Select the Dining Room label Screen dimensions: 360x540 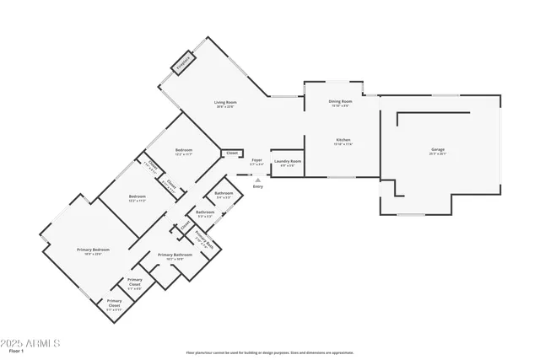click(x=340, y=103)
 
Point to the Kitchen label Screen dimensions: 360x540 click(x=343, y=141)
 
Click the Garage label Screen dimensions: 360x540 click(x=437, y=151)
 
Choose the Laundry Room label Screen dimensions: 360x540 click(x=288, y=163)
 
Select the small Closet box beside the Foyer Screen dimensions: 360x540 click(x=231, y=153)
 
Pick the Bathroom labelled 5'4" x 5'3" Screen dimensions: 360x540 click(x=224, y=195)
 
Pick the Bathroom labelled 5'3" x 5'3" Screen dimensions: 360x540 click(x=205, y=213)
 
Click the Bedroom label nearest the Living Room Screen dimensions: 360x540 click(x=184, y=152)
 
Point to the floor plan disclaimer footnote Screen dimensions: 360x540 click(x=269, y=353)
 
